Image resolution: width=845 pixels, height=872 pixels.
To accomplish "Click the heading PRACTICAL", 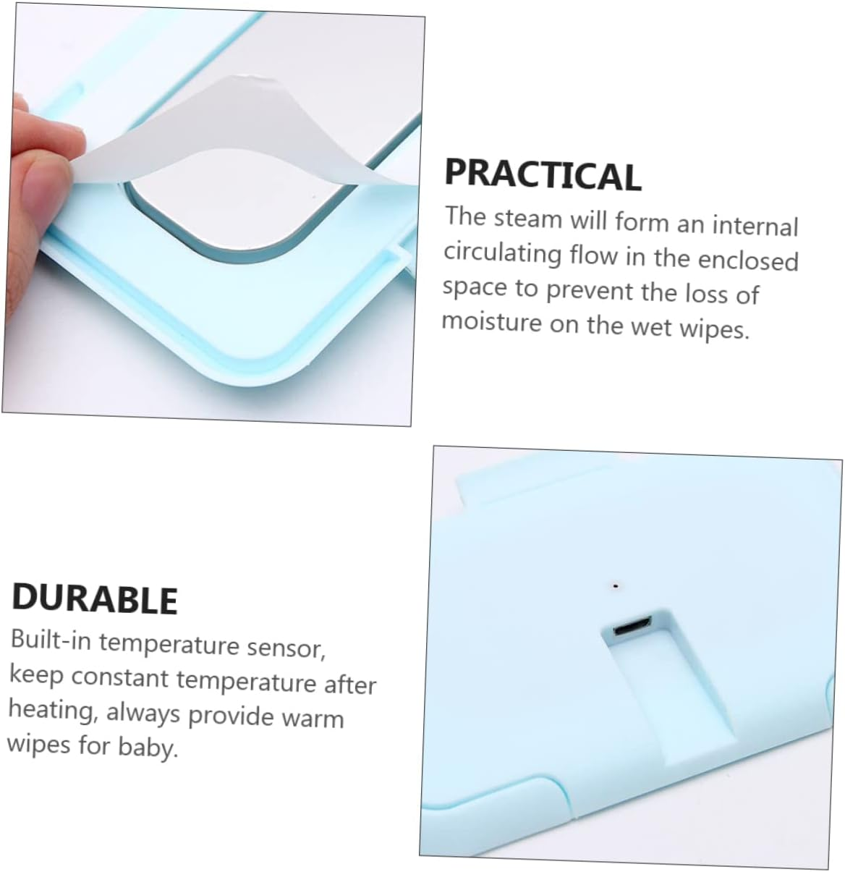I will (543, 174).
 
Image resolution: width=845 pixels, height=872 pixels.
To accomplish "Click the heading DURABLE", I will (95, 598).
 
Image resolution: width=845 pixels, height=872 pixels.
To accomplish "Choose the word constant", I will (120, 677).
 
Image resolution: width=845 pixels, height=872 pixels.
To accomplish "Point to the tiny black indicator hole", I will (615, 584).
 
